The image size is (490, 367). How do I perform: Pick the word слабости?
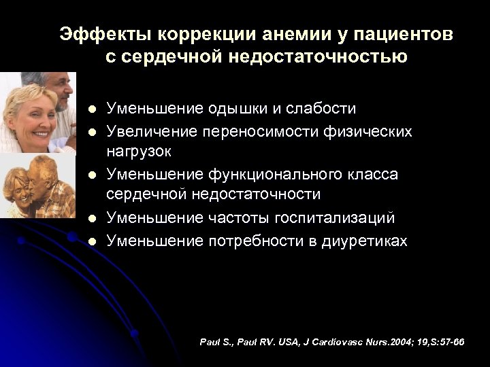pyautogui.click(x=319, y=109)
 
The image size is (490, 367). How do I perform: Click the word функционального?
pyautogui.click(x=269, y=175)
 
